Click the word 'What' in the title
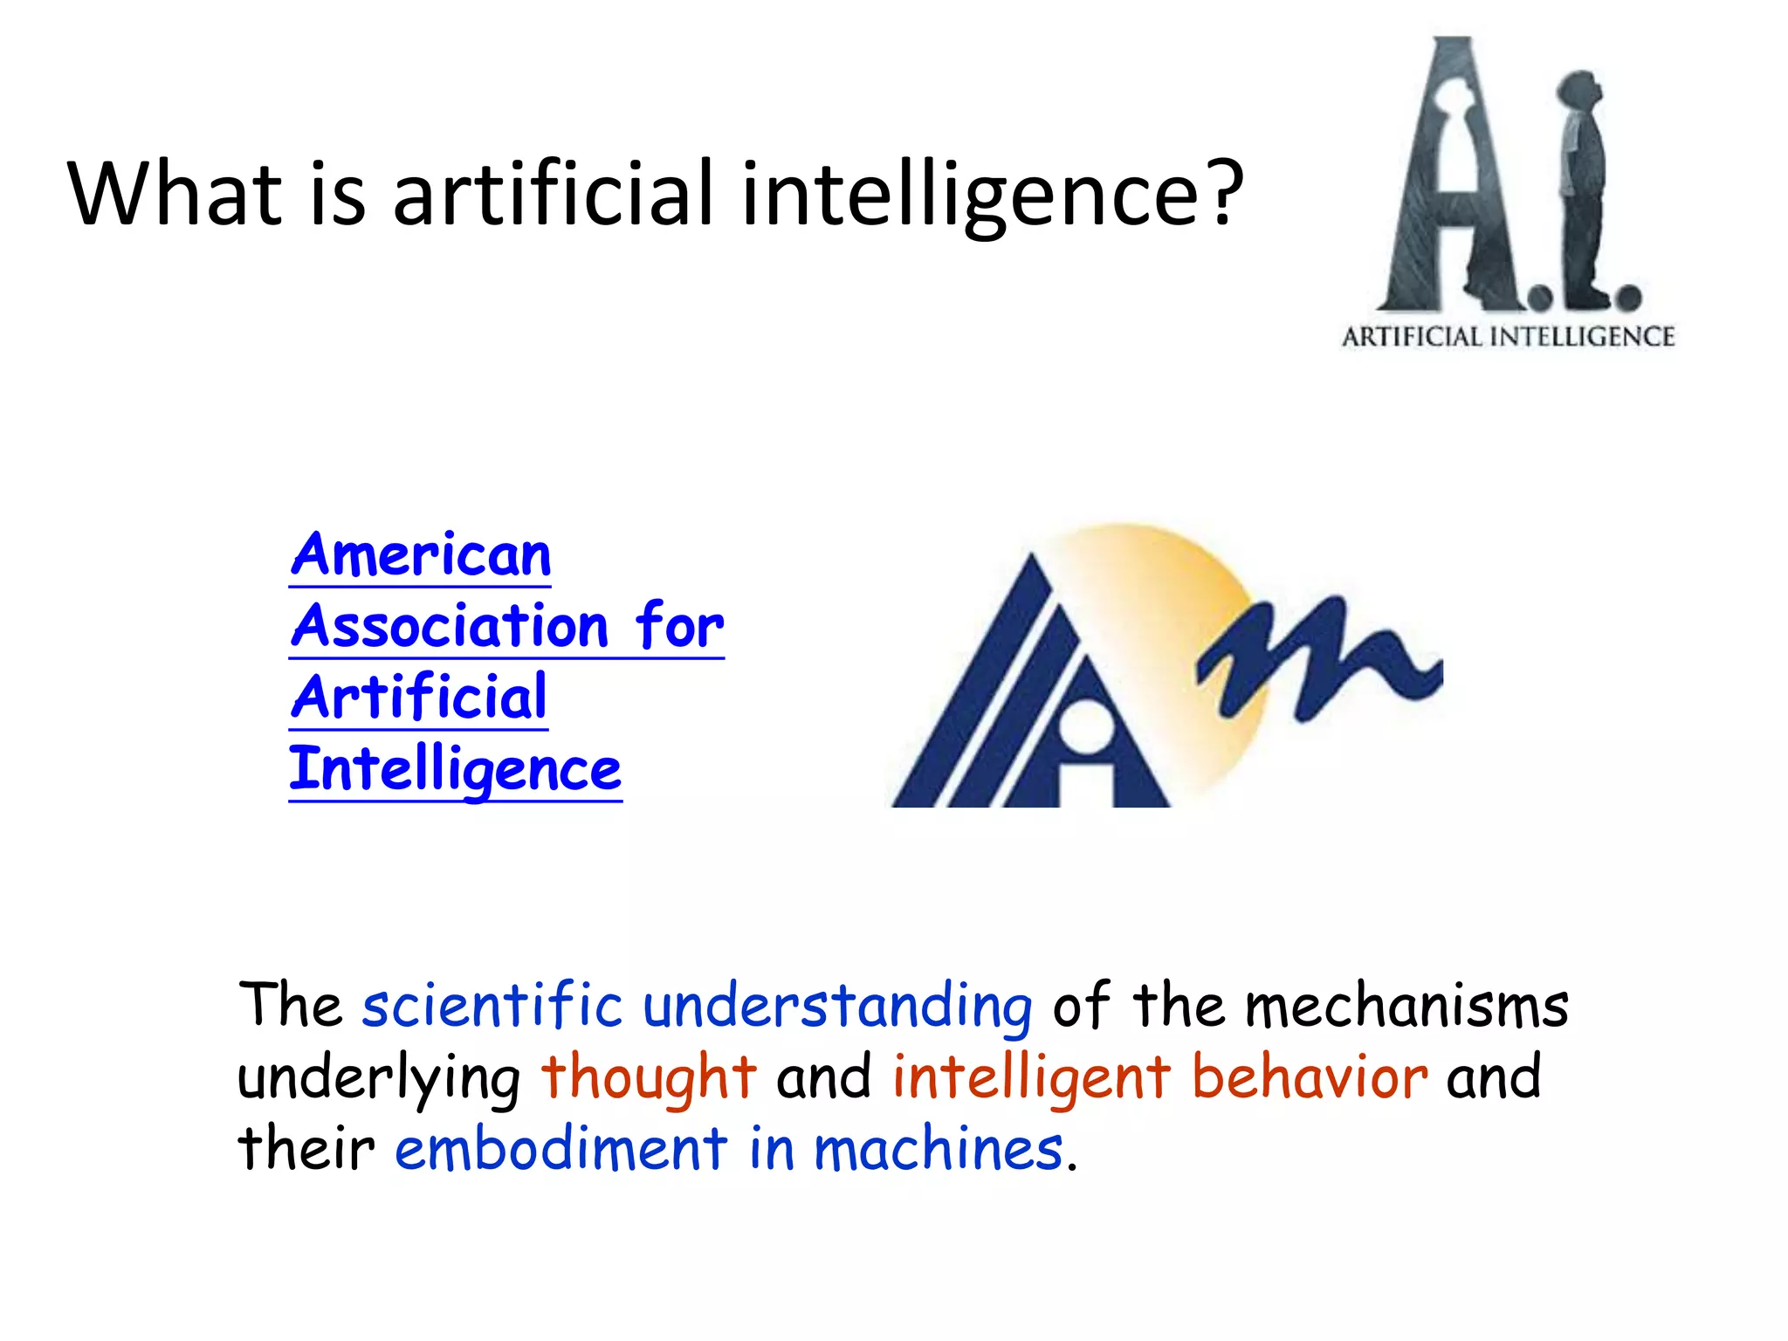175,193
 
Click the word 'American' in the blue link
421,555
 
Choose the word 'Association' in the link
450,627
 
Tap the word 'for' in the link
679,627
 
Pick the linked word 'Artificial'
419,698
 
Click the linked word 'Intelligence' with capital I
455,770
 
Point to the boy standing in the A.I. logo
1582,188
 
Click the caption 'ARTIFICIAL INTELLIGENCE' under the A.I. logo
1508,337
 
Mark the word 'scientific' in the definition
492,1006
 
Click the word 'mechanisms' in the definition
1406,1006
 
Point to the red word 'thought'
649,1077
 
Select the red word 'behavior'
1310,1077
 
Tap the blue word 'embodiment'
560,1149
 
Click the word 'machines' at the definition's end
939,1149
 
